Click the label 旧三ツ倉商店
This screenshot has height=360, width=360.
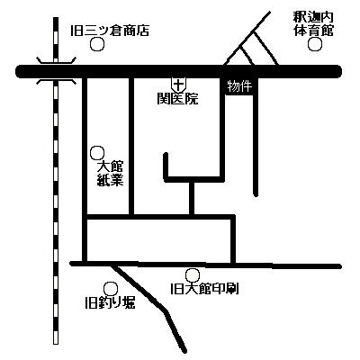(110, 31)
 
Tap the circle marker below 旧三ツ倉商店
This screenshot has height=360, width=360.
(97, 45)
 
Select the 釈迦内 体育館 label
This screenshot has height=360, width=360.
(313, 24)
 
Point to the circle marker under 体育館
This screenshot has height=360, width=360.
(315, 44)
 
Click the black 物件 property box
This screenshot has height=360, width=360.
(239, 87)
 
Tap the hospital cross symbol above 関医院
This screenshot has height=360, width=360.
(178, 85)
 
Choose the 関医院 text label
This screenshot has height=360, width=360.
(177, 99)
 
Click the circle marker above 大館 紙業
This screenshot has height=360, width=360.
(97, 153)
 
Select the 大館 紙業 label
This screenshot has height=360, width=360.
(111, 174)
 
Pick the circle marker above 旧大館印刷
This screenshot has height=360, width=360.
(193, 274)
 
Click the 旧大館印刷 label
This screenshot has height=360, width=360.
(204, 289)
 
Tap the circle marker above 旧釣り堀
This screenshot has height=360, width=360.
(111, 289)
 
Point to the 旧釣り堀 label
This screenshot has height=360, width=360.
(110, 303)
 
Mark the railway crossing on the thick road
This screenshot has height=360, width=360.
(56, 72)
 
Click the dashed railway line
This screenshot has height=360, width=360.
(56, 180)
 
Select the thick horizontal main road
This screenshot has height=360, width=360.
(179, 72)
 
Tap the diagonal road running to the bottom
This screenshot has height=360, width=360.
(149, 307)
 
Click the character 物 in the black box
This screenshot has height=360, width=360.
(233, 87)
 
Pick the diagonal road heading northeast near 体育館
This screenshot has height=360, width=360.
(247, 38)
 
